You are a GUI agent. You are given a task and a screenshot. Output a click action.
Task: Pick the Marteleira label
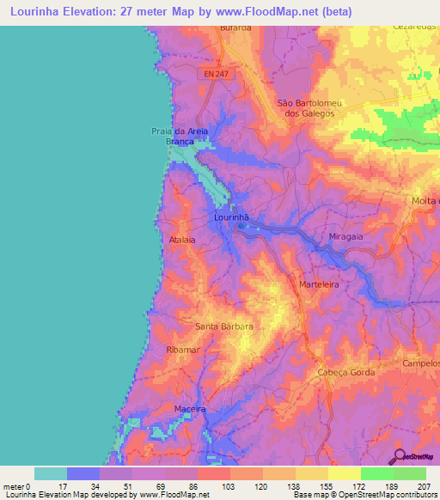coord(321,284)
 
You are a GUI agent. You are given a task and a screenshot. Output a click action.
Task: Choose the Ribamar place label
coord(182,351)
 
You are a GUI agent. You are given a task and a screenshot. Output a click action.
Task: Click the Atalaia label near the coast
coord(182,240)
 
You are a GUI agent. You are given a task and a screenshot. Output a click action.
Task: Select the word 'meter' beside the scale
coord(13,486)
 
